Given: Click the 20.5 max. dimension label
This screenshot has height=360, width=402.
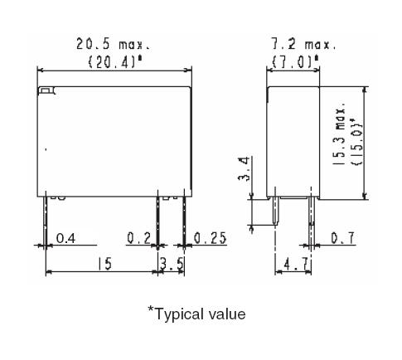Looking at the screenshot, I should (x=118, y=41).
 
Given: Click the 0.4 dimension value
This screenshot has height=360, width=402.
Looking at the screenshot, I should (x=65, y=240).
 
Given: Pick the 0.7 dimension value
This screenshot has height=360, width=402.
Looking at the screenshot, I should (x=340, y=240).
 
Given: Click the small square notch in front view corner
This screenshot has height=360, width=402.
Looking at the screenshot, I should (x=46, y=90).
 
